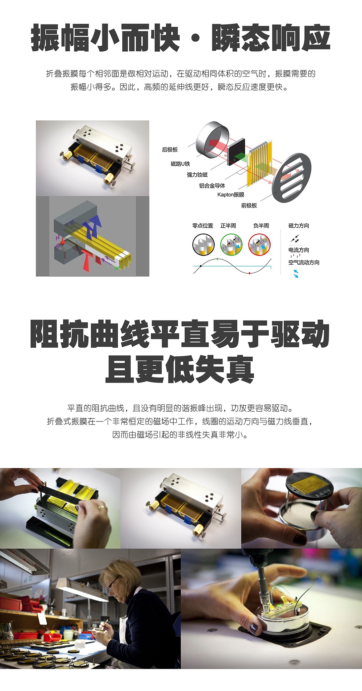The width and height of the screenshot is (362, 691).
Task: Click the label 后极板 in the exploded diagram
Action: (170, 150)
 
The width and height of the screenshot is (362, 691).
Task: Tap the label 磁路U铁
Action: (180, 164)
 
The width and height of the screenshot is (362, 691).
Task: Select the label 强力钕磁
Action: (197, 175)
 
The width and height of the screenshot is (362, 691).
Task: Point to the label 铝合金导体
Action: (212, 185)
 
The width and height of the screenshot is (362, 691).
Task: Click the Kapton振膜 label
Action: (231, 194)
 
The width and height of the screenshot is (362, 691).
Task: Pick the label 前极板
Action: (249, 206)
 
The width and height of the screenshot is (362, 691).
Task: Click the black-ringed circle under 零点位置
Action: (203, 244)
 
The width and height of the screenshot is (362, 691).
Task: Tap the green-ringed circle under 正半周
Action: (231, 244)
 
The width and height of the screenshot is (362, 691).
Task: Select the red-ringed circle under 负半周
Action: (259, 244)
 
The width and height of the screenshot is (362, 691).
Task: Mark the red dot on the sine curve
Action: (250, 273)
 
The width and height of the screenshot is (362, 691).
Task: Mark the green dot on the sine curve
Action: (218, 259)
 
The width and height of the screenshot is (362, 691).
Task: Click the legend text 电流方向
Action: (299, 250)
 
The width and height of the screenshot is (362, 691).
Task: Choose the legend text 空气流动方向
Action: (304, 263)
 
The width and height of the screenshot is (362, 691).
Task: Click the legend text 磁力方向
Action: (299, 226)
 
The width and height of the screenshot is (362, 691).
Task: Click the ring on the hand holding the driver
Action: (101, 507)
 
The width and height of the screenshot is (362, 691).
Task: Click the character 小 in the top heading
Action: (106, 38)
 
